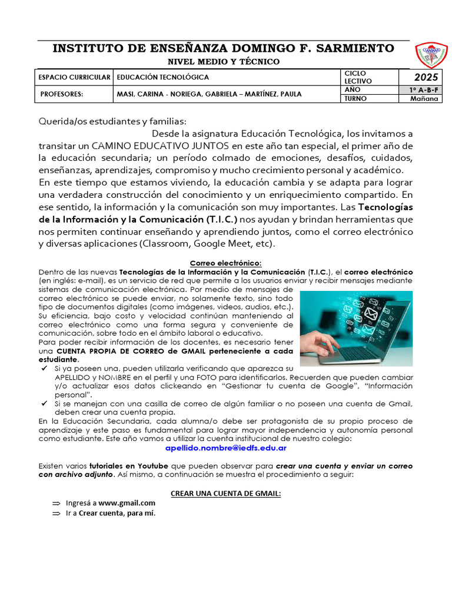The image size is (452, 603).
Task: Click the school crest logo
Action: [431, 55]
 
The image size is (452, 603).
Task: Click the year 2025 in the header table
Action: [426, 77]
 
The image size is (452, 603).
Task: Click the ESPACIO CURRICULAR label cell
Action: [74, 77]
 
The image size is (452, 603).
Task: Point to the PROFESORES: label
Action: [62, 94]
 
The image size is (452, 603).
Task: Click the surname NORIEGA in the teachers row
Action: [187, 94]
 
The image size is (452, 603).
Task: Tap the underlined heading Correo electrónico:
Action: [225, 263]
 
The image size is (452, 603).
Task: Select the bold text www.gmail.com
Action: [127, 503]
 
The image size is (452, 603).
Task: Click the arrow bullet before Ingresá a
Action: [56, 503]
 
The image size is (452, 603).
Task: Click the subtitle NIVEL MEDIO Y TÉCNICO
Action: [224, 62]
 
